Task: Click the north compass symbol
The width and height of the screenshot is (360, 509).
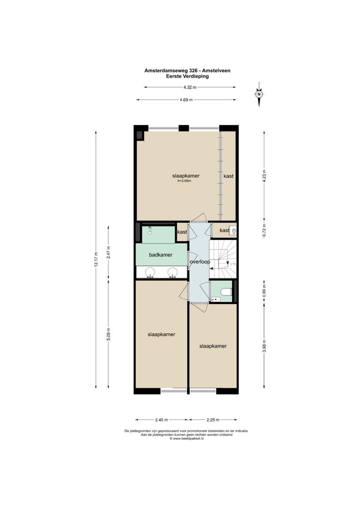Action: tap(259, 94)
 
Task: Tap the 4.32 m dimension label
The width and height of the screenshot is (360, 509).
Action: tap(189, 87)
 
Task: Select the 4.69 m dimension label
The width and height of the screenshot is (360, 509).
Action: tap(186, 100)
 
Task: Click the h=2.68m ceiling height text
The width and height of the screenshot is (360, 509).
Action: tap(185, 181)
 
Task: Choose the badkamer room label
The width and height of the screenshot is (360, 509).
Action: tap(160, 255)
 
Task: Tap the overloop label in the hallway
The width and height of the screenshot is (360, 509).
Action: tap(199, 262)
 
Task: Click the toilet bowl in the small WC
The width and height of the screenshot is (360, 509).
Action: tap(226, 292)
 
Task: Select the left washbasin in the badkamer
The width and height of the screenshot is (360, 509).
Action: tap(151, 272)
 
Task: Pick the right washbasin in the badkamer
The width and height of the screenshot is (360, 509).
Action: tap(173, 272)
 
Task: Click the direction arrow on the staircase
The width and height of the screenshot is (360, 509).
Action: tap(228, 265)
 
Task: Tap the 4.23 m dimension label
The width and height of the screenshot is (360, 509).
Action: tap(264, 177)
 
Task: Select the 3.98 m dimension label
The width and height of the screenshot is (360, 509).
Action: tap(264, 347)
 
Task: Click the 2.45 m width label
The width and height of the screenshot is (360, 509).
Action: tap(162, 420)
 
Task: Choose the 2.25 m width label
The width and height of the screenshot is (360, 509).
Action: tap(213, 420)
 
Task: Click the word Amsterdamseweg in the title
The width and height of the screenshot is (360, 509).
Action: tap(166, 71)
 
